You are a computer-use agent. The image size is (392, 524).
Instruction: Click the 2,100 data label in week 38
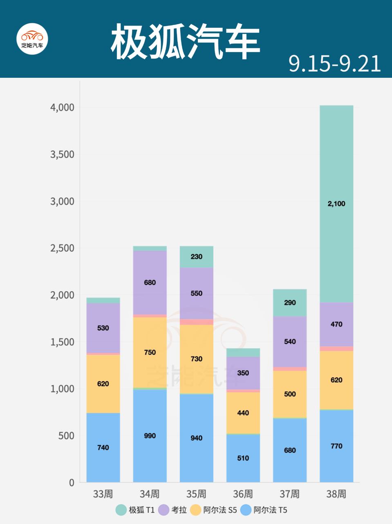336,203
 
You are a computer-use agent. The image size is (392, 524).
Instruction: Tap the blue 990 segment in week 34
150,436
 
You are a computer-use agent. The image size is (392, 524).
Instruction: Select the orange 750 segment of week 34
150,352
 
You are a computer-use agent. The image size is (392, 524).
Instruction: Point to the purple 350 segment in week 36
243,373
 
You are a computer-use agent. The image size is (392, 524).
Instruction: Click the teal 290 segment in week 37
289,303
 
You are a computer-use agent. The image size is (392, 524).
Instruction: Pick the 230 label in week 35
196,257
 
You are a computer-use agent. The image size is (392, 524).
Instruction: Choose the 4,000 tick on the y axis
62,107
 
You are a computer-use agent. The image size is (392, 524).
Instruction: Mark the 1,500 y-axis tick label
62,342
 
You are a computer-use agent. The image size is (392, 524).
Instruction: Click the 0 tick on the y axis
72,483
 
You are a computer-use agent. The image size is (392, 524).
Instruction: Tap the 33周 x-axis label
103,494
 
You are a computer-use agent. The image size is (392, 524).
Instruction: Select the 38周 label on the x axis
336,494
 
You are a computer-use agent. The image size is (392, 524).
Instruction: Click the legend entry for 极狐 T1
135,510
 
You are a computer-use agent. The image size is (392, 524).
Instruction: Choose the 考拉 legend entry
173,510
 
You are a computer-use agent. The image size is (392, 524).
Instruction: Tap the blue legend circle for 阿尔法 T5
246,510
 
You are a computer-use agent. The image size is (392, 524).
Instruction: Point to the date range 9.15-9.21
335,64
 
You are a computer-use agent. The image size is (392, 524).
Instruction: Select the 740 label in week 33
103,447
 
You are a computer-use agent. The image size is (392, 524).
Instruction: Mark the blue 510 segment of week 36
243,458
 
